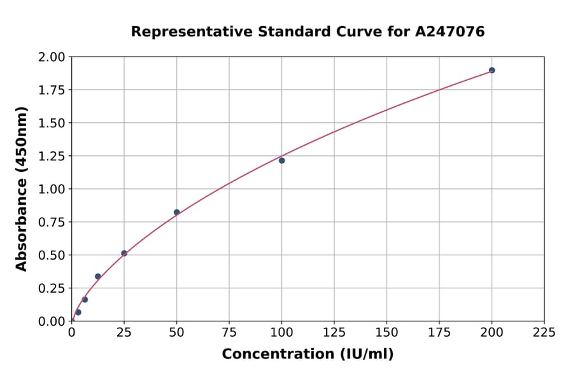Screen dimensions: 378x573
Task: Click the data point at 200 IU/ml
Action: [492, 70]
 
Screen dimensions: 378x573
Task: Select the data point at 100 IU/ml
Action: [281, 160]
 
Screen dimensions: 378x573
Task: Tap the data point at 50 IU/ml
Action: [176, 213]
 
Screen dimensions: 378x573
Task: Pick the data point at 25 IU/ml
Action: [124, 253]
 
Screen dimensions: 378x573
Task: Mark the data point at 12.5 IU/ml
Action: [97, 276]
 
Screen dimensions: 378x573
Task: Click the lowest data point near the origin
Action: [78, 312]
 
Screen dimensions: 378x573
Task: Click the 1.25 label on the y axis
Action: [51, 156]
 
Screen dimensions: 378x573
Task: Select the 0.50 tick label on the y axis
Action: [51, 255]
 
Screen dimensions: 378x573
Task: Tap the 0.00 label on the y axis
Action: [51, 321]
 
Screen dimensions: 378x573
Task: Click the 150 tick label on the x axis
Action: [386, 333]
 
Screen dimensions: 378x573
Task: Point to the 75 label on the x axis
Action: [229, 333]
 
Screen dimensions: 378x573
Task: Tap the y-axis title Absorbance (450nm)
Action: [22, 189]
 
